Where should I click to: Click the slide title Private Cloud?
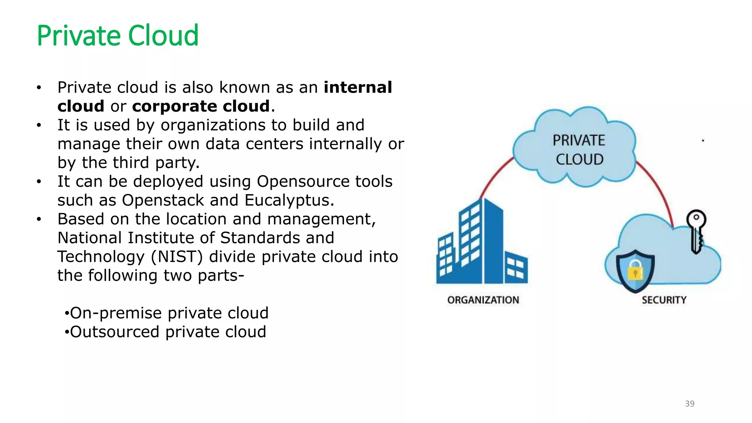pos(117,36)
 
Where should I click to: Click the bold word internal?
pos(358,87)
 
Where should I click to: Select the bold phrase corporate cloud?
pos(201,106)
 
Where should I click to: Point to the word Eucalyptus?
pos(289,200)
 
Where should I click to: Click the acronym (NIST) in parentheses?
pos(177,257)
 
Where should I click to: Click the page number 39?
pos(690,404)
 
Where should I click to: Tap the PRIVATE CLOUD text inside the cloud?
pos(579,150)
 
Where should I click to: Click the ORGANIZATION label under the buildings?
pos(483,300)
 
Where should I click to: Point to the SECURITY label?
pos(664,300)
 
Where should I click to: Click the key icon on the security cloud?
pos(696,231)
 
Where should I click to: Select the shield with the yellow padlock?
pos(635,271)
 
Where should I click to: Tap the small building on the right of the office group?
pos(516,268)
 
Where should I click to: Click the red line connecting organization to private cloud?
pos(494,176)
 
